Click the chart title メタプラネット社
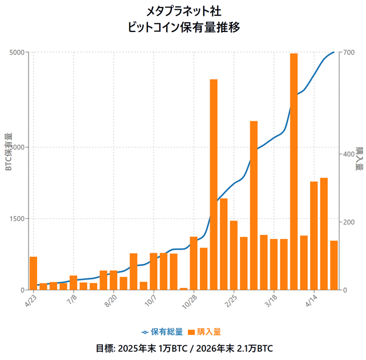[x=183, y=11]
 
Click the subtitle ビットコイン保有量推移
[x=183, y=27]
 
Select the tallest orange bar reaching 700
[x=293, y=171]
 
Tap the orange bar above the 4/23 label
[x=34, y=273]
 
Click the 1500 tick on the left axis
[x=17, y=218]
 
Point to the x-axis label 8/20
[x=111, y=299]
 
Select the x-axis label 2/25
[x=232, y=299]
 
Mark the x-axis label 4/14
[x=312, y=299]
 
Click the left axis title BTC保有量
[x=8, y=152]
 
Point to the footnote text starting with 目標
[x=183, y=348]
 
